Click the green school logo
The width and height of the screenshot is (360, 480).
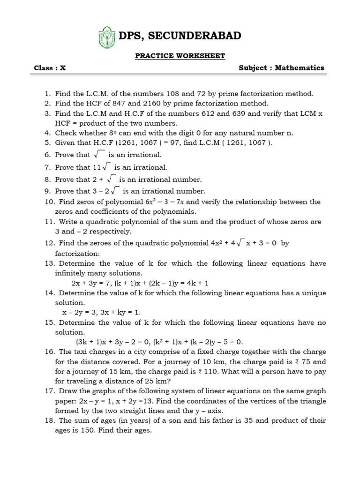click(106, 37)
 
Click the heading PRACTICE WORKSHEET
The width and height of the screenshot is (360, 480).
click(173, 56)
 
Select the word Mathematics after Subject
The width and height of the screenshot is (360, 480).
click(300, 67)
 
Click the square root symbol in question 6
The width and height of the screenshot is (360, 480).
click(98, 155)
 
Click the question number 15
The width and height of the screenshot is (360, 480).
click(50, 322)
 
